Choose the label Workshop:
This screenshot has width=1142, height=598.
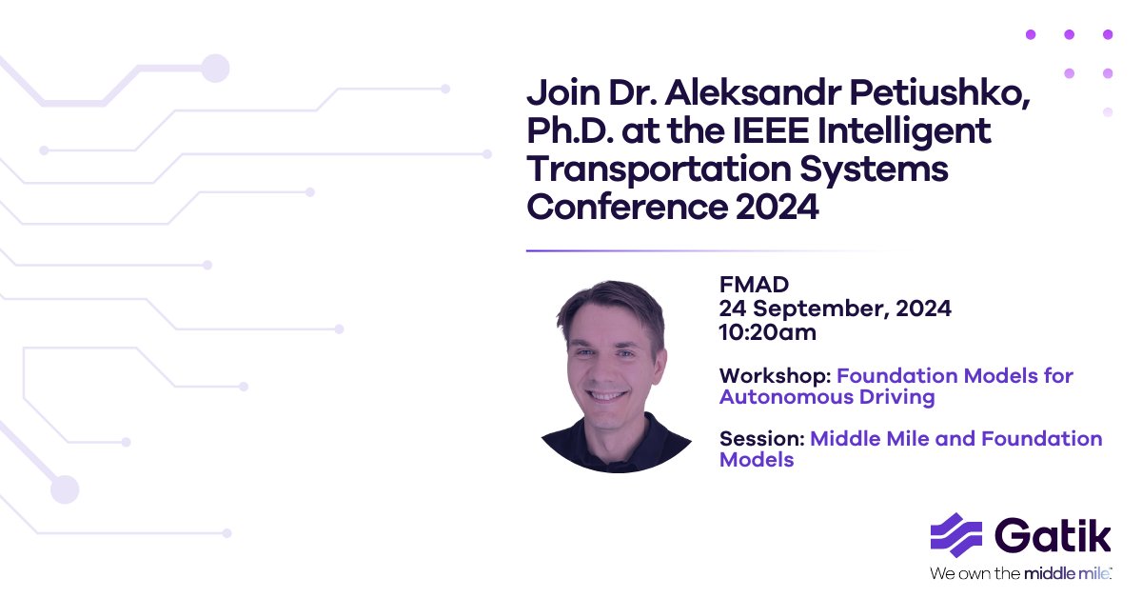(x=775, y=375)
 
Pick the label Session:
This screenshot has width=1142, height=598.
(x=761, y=439)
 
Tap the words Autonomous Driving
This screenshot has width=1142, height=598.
(x=827, y=396)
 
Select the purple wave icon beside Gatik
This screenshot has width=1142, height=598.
(x=955, y=534)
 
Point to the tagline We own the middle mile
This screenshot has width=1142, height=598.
(x=1020, y=573)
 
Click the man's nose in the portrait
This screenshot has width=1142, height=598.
(x=606, y=363)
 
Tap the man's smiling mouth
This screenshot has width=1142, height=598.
(x=607, y=392)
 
